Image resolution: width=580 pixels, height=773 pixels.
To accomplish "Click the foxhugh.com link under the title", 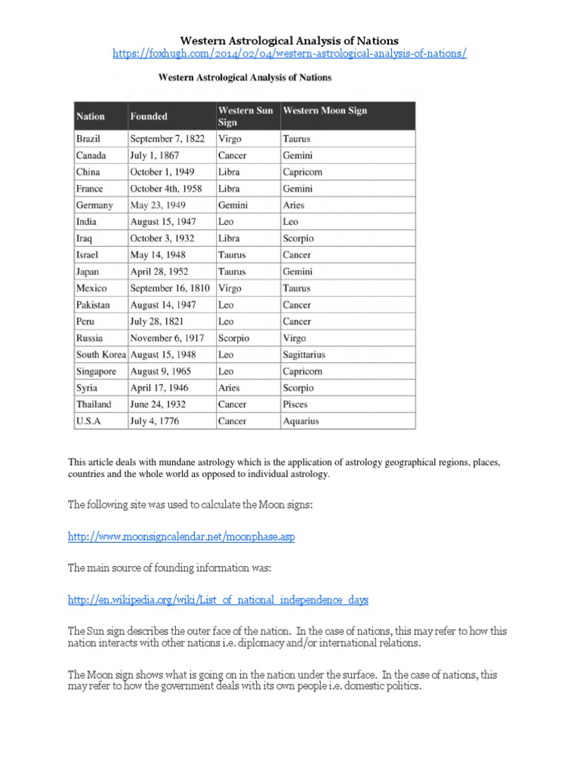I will pyautogui.click(x=289, y=54).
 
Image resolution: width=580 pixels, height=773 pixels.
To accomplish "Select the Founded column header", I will pyautogui.click(x=149, y=116).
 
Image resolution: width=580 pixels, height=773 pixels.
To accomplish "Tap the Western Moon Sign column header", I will pyautogui.click(x=325, y=111).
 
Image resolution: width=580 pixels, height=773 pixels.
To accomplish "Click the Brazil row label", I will pyautogui.click(x=88, y=139).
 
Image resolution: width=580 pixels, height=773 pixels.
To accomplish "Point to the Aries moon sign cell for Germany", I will pyautogui.click(x=295, y=205).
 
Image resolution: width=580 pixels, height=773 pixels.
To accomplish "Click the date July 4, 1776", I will pyautogui.click(x=156, y=420).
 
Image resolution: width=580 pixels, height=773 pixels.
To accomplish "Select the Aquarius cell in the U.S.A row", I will pyautogui.click(x=301, y=420).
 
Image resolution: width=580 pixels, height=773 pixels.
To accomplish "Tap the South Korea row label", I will pyautogui.click(x=101, y=354).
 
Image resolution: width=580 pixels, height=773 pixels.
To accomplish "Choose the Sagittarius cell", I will pyautogui.click(x=304, y=354).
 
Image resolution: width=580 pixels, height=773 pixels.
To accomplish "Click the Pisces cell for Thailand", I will pyautogui.click(x=295, y=404).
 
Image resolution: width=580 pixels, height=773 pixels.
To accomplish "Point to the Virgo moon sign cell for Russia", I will pyautogui.click(x=295, y=337).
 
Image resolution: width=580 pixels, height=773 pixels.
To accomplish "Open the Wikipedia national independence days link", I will pyautogui.click(x=218, y=599).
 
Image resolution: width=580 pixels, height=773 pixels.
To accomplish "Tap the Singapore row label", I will pyautogui.click(x=96, y=371).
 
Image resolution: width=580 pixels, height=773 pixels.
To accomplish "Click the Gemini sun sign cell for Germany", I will pyautogui.click(x=233, y=205).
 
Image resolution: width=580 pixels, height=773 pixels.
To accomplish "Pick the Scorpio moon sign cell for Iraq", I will pyautogui.click(x=298, y=239).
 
